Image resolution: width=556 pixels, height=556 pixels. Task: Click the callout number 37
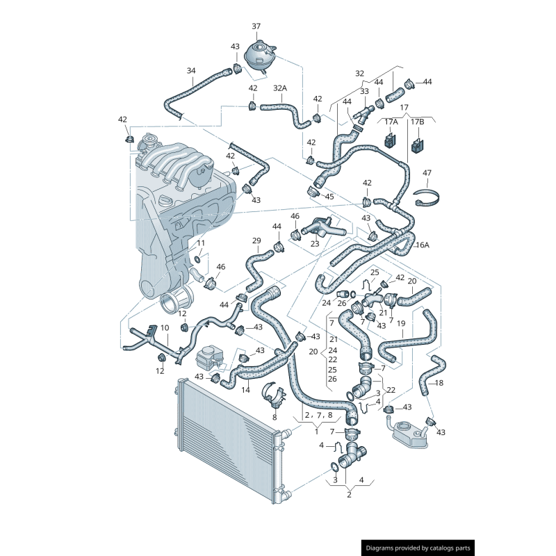pos(256,26)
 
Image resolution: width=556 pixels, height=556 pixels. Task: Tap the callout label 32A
pos(280,88)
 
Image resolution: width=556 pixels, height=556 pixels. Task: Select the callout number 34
pos(191,71)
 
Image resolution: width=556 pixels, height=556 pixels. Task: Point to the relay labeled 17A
pos(391,140)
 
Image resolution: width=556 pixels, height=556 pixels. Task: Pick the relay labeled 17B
pos(418,145)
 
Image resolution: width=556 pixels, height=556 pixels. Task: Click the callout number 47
pos(427,172)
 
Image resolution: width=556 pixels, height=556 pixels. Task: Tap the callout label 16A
pos(423,245)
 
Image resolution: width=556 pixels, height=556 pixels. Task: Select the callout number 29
pos(256,240)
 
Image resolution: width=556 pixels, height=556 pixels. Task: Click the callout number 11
pos(201,243)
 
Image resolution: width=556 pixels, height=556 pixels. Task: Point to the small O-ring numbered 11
pos(197,260)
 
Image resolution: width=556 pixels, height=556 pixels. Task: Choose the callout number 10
pos(165,328)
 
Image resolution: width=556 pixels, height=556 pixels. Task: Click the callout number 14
pos(245,390)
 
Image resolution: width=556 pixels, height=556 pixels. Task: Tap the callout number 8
pos(275,418)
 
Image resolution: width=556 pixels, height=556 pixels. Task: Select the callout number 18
pos(439,383)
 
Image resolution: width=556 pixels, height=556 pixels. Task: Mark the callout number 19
pos(401,323)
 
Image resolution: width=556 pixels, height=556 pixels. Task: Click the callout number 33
pos(364,92)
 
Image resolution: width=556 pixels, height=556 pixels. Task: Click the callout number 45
pos(329,197)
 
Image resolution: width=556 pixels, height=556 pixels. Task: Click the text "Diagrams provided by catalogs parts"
pos(418,548)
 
